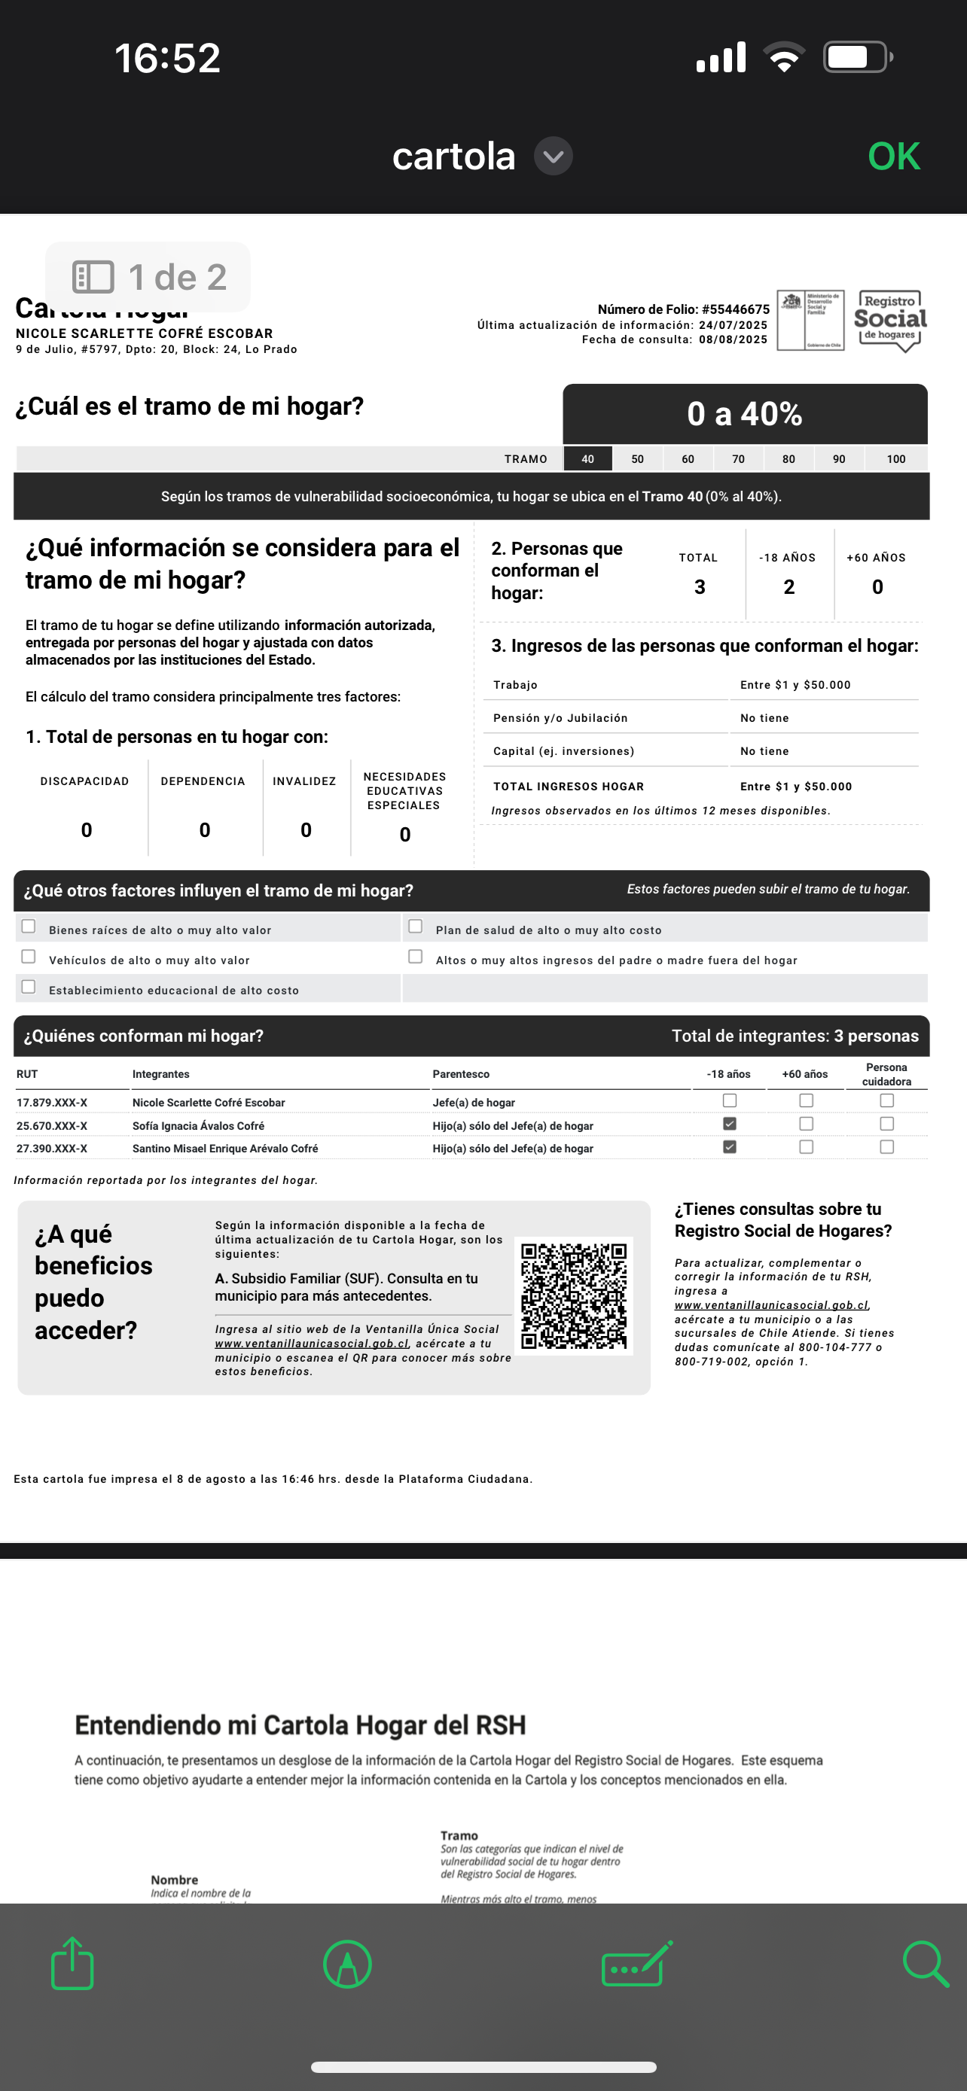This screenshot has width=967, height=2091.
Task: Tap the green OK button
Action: tap(894, 157)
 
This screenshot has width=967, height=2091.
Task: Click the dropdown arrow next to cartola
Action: tap(553, 157)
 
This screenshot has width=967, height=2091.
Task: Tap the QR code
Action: tap(574, 1295)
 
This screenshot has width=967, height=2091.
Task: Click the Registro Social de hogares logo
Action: tap(890, 321)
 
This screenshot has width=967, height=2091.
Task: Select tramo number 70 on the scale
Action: tap(738, 459)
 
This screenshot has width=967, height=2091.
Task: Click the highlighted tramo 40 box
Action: tap(587, 459)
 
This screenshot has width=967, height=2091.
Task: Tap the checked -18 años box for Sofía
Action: tap(729, 1125)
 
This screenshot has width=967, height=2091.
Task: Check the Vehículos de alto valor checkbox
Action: tap(29, 957)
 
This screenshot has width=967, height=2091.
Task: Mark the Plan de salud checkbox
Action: tap(416, 927)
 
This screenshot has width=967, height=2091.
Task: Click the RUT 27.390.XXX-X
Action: tap(52, 1149)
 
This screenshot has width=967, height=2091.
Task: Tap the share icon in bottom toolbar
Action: tap(73, 1964)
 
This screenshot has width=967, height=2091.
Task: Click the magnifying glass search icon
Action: tap(926, 1964)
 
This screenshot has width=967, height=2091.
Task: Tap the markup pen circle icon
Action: tap(347, 1965)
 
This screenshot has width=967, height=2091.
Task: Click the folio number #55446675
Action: tap(736, 309)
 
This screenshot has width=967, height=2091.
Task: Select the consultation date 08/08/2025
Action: tap(734, 340)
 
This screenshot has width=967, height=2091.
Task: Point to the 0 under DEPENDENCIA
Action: tap(205, 830)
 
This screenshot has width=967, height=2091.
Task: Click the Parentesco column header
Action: tap(461, 1075)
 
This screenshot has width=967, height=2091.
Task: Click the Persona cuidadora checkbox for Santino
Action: tap(886, 1147)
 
